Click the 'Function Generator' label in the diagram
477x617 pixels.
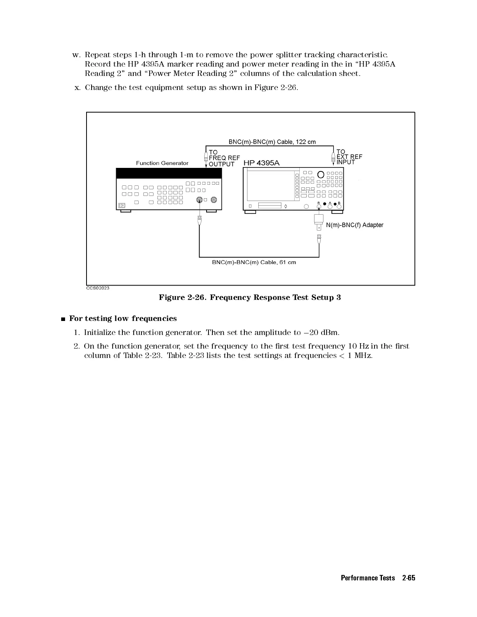tap(162, 163)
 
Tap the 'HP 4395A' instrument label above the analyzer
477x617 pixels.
tap(261, 163)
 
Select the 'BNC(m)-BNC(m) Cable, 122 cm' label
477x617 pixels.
tap(272, 142)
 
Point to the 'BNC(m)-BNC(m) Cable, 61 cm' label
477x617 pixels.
tap(254, 262)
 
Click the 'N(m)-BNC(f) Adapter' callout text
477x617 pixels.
tap(355, 225)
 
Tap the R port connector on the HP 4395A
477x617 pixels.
tap(319, 207)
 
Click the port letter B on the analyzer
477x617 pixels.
tap(339, 203)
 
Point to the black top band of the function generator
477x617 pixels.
tap(169, 173)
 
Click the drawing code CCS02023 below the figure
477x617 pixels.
tap(97, 288)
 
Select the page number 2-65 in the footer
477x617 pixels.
tap(408, 578)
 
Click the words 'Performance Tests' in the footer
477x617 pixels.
tap(367, 578)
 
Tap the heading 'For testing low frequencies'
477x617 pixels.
tap(123, 319)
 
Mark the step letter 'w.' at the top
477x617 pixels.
tap(76, 55)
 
